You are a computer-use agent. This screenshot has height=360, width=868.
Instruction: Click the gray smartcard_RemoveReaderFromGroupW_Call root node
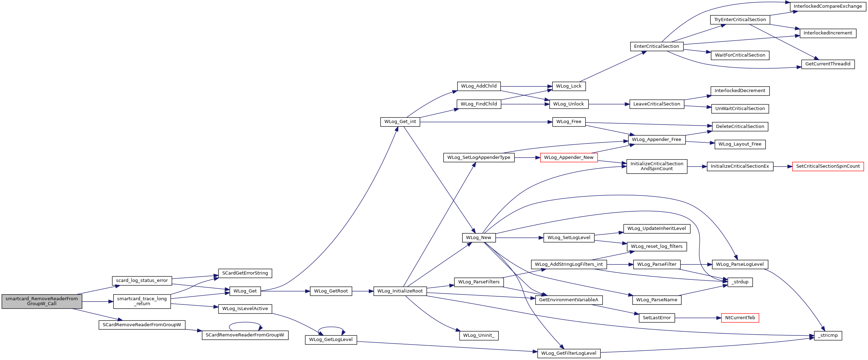tap(42, 301)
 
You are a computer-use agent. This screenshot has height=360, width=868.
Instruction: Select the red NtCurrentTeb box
tap(740, 318)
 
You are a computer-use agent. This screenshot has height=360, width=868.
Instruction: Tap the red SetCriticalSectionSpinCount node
tap(828, 166)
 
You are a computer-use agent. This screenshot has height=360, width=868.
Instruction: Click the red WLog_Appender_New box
tap(569, 157)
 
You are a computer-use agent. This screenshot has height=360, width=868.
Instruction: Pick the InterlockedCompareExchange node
tap(828, 6)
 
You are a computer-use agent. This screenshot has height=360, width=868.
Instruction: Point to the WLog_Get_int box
tap(400, 122)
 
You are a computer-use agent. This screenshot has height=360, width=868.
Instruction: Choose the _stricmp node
tap(828, 335)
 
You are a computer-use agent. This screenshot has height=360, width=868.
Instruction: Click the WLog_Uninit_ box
tap(479, 335)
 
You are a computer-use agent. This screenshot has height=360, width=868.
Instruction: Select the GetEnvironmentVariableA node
tap(569, 300)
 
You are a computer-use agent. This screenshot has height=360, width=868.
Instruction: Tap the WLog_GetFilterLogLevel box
tap(569, 353)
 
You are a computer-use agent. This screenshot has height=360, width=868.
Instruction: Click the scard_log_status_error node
tap(142, 281)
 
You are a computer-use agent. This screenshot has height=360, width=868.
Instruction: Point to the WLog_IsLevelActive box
tap(245, 309)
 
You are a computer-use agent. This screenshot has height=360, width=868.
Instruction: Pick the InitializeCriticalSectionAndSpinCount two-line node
tap(657, 166)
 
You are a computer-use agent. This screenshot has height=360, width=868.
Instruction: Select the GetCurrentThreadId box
tap(828, 64)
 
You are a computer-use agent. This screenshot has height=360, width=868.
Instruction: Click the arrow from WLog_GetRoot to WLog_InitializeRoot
tap(363, 291)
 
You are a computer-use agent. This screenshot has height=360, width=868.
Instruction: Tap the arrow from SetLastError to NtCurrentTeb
tap(698, 318)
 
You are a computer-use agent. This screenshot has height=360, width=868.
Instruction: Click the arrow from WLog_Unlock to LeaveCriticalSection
tap(609, 104)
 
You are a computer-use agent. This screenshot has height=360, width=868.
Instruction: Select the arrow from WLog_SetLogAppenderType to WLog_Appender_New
tap(527, 157)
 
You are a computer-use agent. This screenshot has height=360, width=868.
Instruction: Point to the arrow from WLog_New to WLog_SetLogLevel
tap(519, 238)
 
